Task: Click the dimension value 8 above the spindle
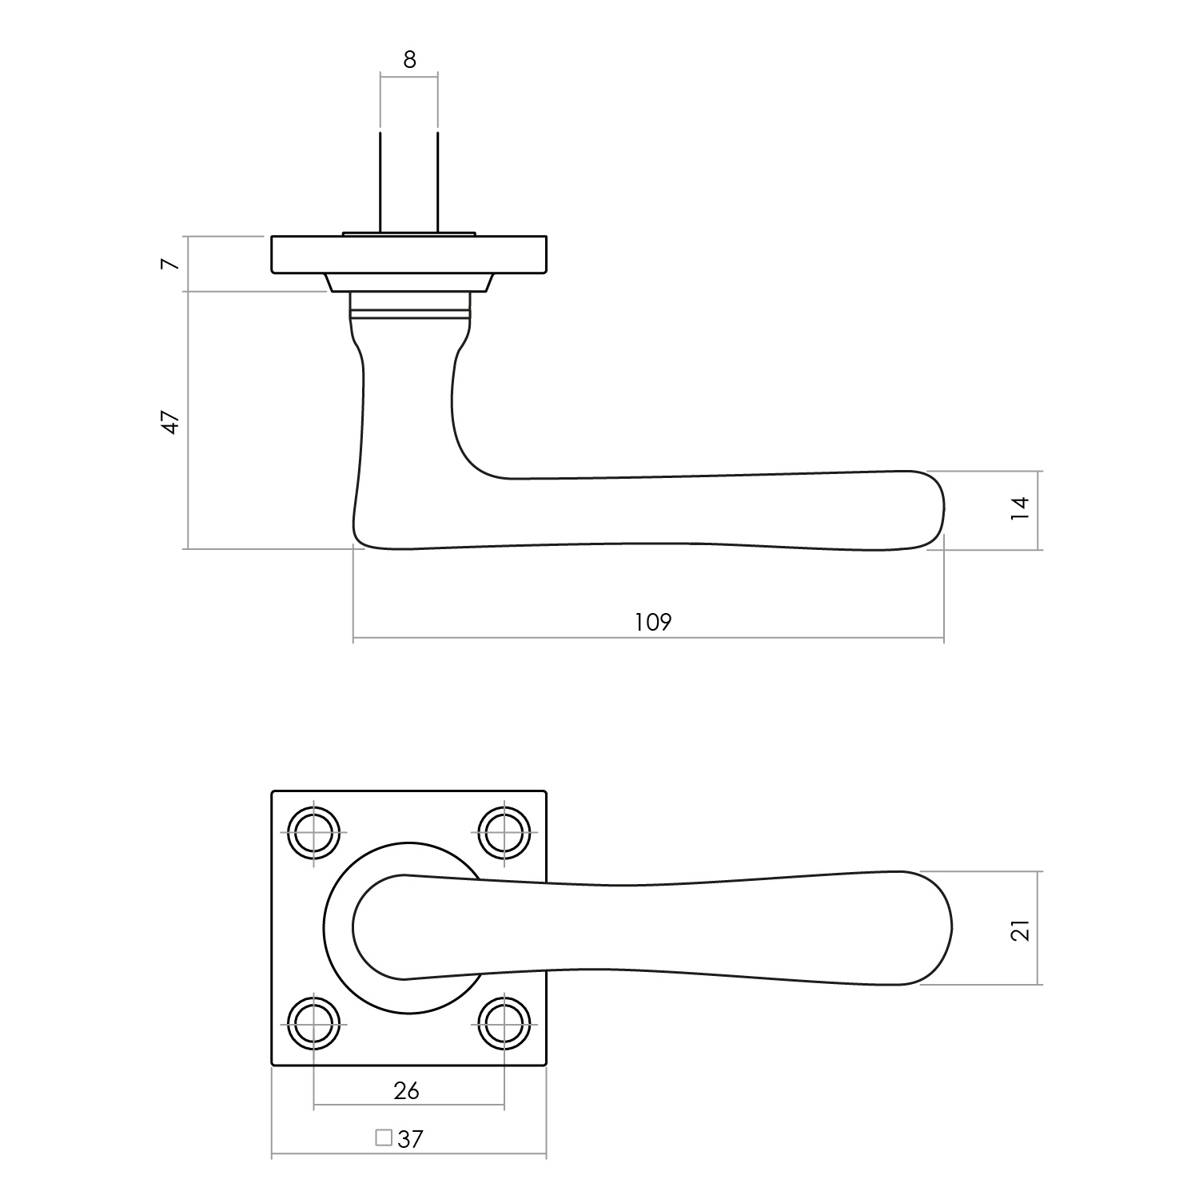coord(409,60)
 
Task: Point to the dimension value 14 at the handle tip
coord(1020,509)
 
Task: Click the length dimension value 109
coord(653,622)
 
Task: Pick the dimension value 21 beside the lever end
coord(1021,930)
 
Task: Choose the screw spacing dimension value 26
coord(407,1090)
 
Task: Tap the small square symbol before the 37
coord(384,1137)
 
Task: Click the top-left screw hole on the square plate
coord(313,832)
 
